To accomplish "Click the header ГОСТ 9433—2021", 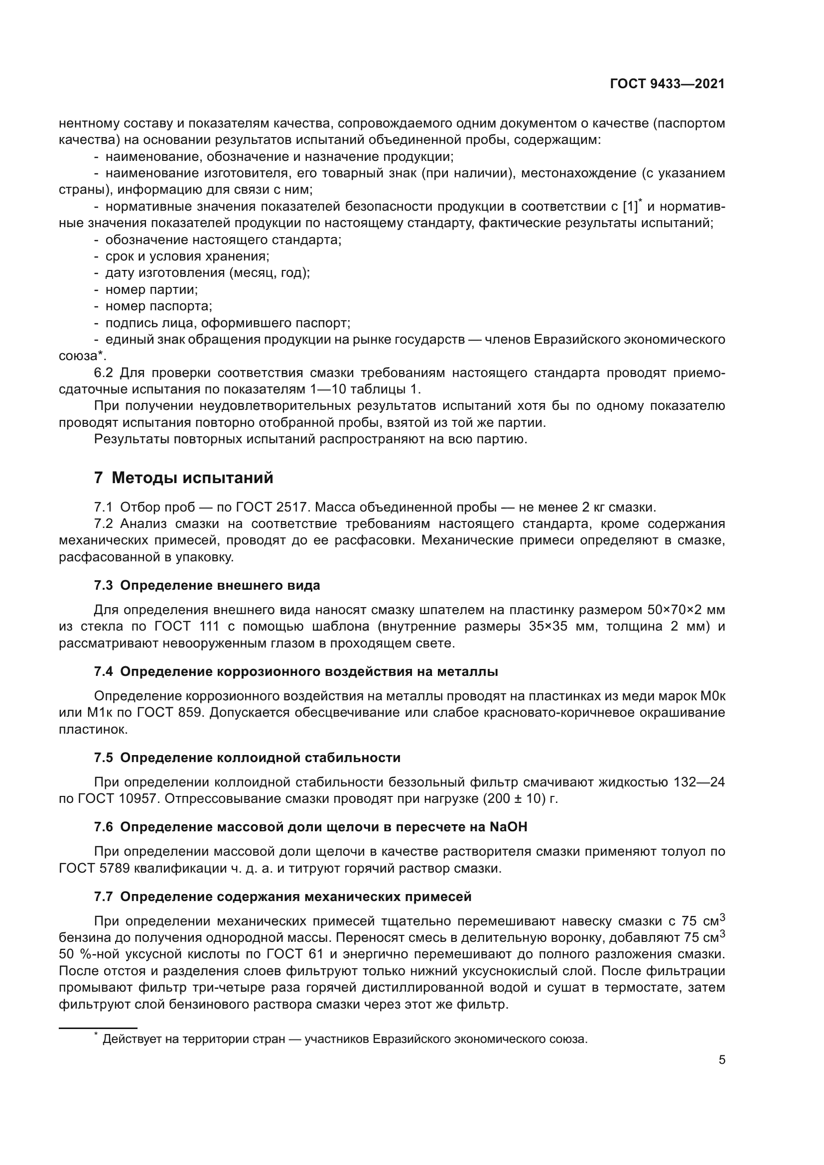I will coord(667,85).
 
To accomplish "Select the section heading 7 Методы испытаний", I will coord(184,478).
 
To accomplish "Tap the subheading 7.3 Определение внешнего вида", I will coord(207,586).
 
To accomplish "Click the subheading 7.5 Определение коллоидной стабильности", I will coord(247,758).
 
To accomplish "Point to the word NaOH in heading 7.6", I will coord(509,828).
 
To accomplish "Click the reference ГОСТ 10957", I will coord(110,799).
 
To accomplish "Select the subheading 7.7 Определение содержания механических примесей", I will coord(282,897).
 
